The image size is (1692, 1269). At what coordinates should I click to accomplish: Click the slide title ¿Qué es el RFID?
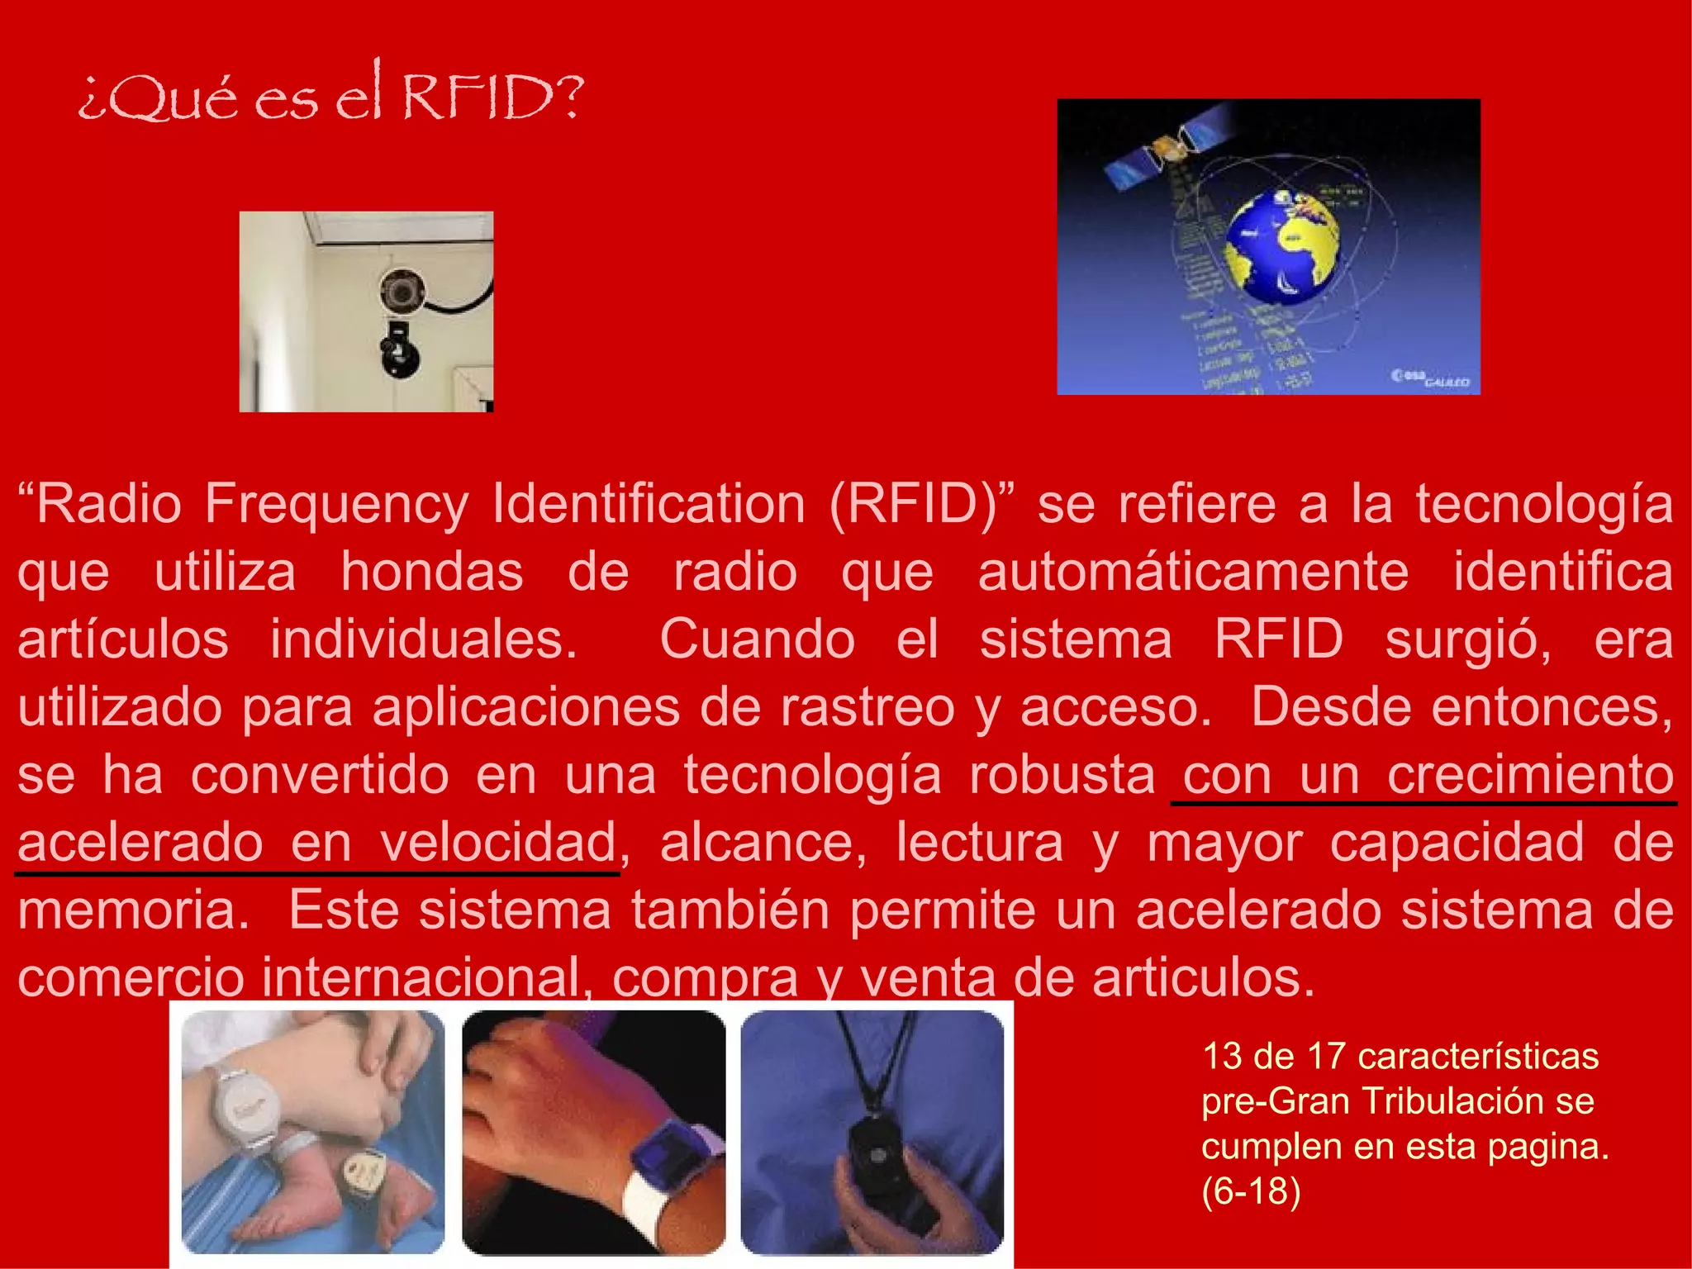point(330,95)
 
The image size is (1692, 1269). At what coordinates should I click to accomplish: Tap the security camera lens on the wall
point(402,291)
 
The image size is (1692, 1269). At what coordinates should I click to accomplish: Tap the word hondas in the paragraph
point(432,572)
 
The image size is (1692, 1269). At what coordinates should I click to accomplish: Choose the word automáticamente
point(1193,572)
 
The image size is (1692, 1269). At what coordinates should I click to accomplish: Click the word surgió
point(1467,639)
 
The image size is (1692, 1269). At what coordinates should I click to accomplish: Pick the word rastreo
point(867,707)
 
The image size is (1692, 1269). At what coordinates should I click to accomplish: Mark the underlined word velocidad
point(498,843)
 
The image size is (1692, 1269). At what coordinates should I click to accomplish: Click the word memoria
point(133,910)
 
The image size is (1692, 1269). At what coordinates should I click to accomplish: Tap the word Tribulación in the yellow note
point(1449,1101)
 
